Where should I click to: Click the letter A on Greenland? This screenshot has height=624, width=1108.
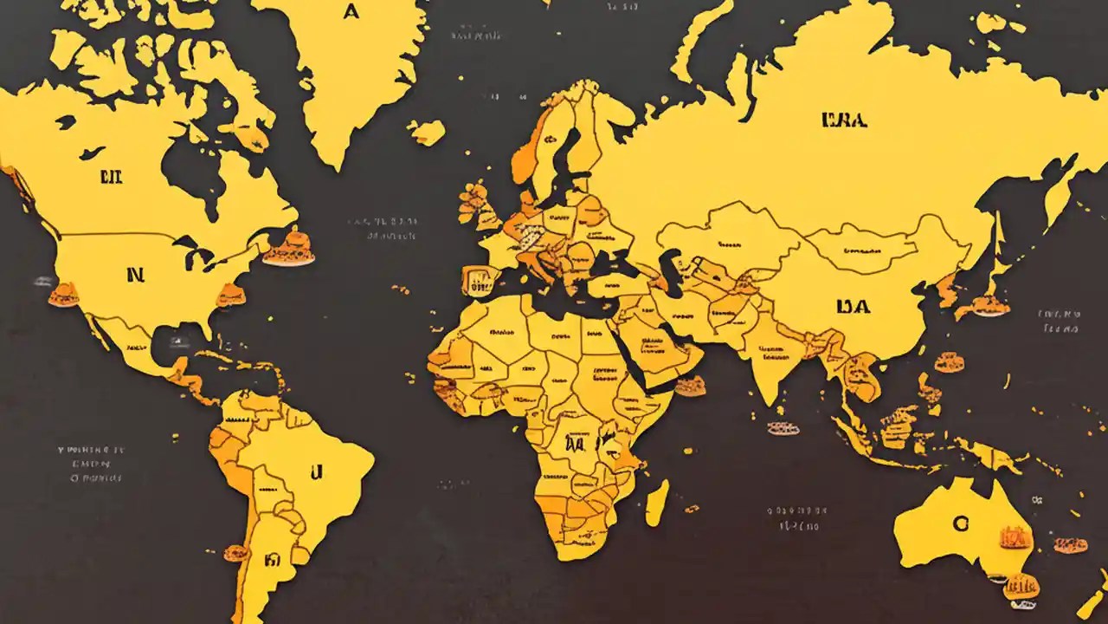tap(350, 12)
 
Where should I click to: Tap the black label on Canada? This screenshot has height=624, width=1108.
tap(112, 179)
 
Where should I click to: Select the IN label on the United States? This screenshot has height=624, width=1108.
tap(134, 276)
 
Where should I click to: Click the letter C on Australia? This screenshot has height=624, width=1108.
tap(959, 523)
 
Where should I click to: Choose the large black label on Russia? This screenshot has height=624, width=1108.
tap(843, 120)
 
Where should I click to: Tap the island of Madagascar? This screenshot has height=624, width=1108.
tap(657, 503)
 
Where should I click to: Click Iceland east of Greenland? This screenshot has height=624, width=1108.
tap(427, 133)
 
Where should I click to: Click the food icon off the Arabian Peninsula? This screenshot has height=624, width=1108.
tap(690, 387)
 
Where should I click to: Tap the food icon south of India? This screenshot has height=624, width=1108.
tap(783, 427)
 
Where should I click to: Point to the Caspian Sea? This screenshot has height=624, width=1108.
tap(669, 263)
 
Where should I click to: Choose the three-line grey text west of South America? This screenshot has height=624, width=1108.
tap(92, 464)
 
